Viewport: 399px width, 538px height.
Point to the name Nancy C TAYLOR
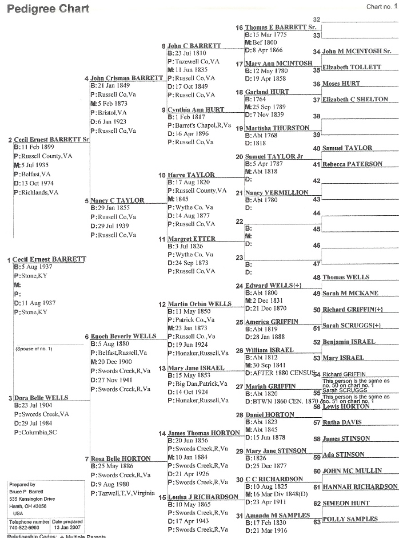coord(117,201)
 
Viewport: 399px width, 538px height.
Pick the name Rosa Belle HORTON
coord(121,458)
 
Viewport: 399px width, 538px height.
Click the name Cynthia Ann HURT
coord(197,110)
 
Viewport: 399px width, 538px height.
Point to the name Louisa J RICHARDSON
coord(202,497)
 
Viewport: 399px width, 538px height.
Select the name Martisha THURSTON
coord(277,128)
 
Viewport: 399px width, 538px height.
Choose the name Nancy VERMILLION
coord(277,193)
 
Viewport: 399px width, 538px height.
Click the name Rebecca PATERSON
coord(352,164)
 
